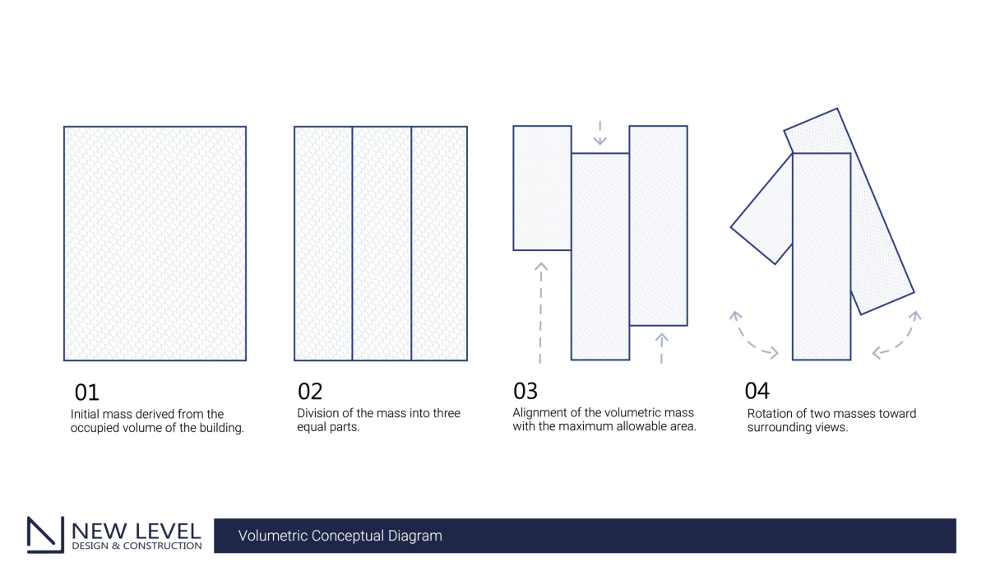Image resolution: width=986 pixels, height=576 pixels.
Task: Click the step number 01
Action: point(87,393)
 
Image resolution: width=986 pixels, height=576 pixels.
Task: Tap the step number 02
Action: point(310,392)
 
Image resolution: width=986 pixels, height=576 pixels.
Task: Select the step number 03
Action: point(525,391)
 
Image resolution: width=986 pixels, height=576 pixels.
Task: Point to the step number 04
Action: point(757,391)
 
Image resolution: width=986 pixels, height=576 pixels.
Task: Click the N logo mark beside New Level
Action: point(45,535)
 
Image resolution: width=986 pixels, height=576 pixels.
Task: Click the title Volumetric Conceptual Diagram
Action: point(340,536)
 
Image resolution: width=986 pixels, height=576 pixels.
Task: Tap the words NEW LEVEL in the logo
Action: point(137,531)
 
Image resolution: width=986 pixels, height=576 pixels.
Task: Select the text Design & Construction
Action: point(137,546)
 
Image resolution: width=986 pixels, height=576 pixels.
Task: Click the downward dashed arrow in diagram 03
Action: point(599,132)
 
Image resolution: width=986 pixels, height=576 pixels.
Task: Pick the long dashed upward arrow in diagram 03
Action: point(541,313)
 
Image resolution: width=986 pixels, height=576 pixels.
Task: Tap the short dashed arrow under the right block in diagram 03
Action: point(661,348)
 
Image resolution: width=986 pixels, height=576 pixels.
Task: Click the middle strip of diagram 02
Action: point(382,244)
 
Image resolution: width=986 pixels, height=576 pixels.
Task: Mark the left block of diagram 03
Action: point(542,188)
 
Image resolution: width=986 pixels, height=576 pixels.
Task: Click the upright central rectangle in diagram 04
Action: point(822,256)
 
